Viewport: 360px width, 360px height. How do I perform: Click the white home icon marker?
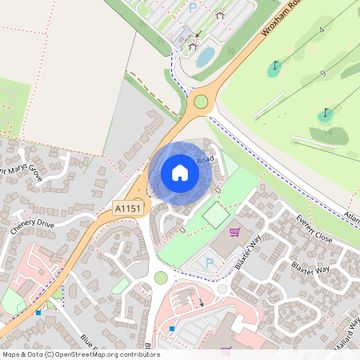click(x=180, y=173)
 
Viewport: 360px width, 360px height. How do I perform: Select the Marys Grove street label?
click(x=21, y=170)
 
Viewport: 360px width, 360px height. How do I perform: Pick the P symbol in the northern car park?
click(x=193, y=7)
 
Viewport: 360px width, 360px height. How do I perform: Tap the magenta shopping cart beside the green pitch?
click(x=234, y=232)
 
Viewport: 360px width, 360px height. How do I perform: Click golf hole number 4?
click(x=323, y=30)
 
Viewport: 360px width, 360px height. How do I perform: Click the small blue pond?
click(x=206, y=56)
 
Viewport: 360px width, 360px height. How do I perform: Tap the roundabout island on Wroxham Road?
click(x=200, y=102)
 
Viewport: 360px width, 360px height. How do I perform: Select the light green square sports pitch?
click(x=215, y=214)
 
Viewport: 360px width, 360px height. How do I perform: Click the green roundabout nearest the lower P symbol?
click(x=161, y=278)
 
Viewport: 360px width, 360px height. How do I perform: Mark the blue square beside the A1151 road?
click(x=38, y=312)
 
